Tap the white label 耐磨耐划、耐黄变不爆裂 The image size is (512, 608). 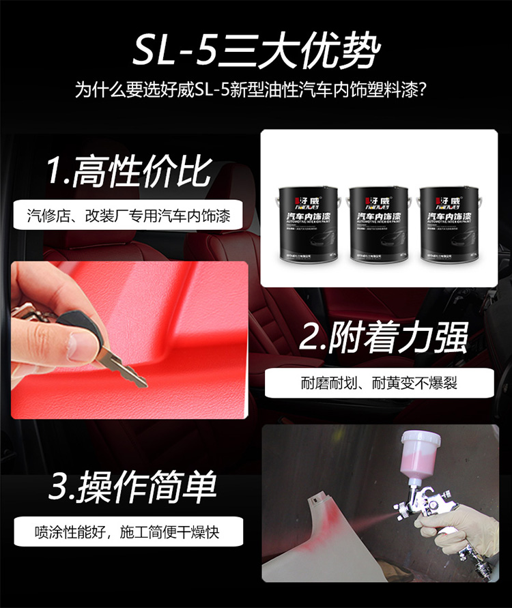point(379,383)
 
